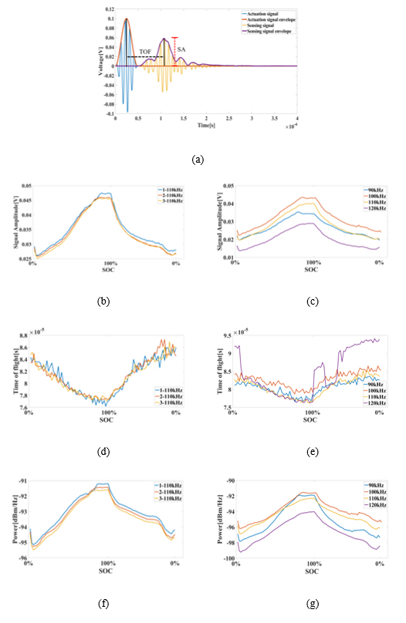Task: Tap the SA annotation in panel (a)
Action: coord(181,49)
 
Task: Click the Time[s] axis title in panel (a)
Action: coord(205,124)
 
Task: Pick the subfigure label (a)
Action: coord(198,160)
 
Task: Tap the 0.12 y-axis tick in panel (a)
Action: coord(107,7)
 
